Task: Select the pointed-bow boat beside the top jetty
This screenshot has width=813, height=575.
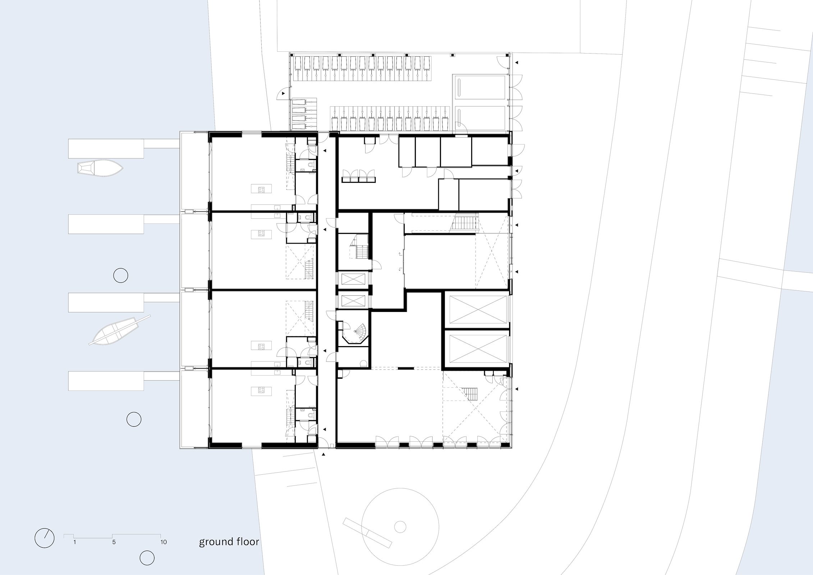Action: tap(101, 168)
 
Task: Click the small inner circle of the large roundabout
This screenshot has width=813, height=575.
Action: tap(400, 527)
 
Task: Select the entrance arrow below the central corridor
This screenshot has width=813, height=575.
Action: tap(323, 455)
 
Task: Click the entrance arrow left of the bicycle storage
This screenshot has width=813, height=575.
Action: tap(283, 93)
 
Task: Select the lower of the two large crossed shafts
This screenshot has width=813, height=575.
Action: tap(478, 349)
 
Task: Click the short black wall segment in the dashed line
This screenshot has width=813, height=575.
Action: tap(406, 368)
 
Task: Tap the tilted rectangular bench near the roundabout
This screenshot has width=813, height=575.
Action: tap(367, 538)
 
